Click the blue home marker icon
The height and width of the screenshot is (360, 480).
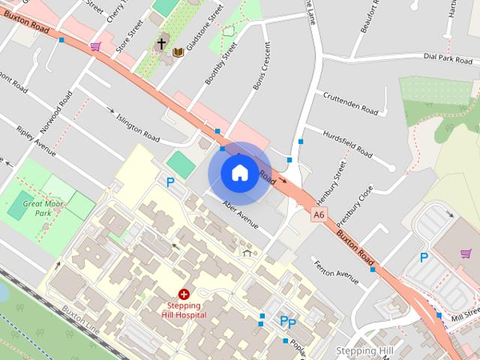pyautogui.click(x=238, y=172)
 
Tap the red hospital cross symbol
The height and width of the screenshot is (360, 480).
pyautogui.click(x=183, y=295)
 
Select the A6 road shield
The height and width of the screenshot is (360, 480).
pyautogui.click(x=319, y=215)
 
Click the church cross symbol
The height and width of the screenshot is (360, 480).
pyautogui.click(x=160, y=44)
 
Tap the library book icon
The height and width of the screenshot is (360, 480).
pyautogui.click(x=178, y=52)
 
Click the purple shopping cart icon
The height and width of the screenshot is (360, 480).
pyautogui.click(x=95, y=46)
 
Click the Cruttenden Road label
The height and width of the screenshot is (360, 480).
pyautogui.click(x=350, y=103)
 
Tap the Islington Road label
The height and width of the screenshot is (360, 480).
pyautogui.click(x=138, y=127)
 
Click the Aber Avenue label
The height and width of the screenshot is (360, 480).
pyautogui.click(x=241, y=214)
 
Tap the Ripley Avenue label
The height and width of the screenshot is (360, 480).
pyautogui.click(x=35, y=141)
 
